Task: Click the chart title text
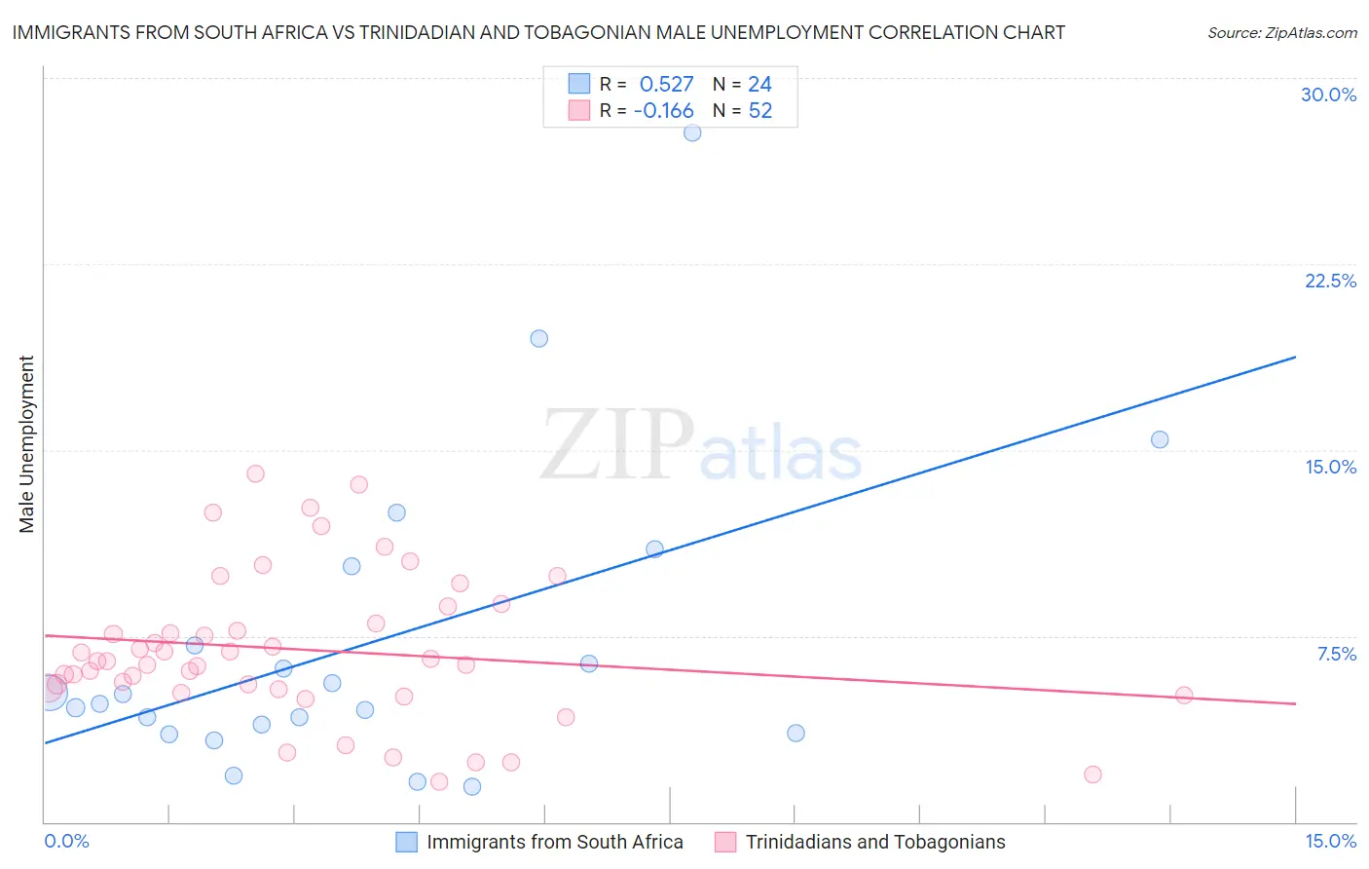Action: tap(538, 32)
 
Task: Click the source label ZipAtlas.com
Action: tap(1281, 32)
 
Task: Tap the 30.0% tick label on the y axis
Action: tap(1328, 94)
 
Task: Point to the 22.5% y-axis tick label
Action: tap(1330, 281)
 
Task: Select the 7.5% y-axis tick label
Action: tap(1336, 654)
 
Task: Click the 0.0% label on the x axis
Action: tap(66, 841)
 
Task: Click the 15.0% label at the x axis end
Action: tap(1330, 841)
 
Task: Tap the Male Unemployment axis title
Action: tap(26, 444)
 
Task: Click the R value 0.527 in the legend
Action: tap(666, 85)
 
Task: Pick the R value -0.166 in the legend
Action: tap(663, 111)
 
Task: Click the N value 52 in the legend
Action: tap(759, 111)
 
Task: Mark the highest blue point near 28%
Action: tap(692, 132)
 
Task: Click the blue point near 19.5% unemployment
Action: tap(538, 339)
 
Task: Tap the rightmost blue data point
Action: tap(1160, 439)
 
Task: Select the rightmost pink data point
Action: tap(1184, 696)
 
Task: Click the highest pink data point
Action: tap(255, 473)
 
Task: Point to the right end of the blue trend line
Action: tap(1295, 358)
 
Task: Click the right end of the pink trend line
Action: tap(1295, 703)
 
